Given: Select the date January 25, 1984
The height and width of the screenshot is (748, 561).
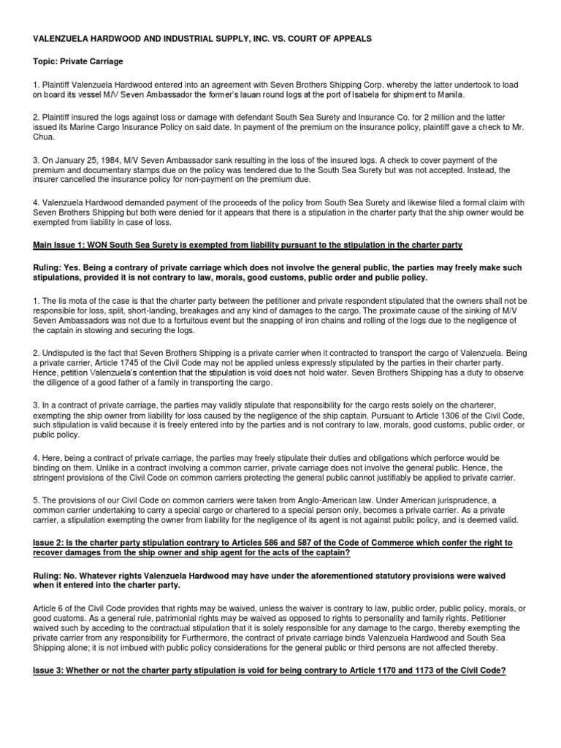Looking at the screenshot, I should tap(85, 161).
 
